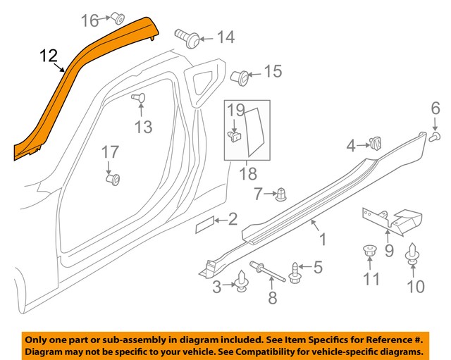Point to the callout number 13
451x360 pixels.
144,127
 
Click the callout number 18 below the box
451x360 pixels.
247,173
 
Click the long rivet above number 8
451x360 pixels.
271,272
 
